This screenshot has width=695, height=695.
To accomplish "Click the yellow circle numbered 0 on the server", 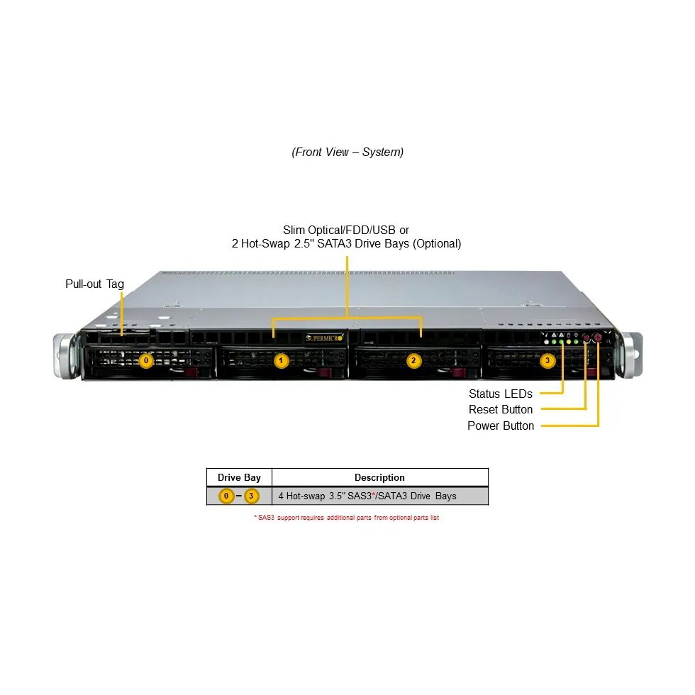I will tap(146, 361).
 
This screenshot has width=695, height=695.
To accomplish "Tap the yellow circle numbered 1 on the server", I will tap(282, 361).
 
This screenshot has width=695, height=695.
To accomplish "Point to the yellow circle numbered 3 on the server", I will tap(547, 361).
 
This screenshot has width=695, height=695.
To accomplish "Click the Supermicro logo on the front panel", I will tap(326, 338).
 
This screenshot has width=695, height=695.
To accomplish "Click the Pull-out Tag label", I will tap(94, 284).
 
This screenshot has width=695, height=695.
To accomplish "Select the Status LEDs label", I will tap(500, 394).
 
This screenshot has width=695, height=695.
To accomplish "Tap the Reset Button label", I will tap(500, 410).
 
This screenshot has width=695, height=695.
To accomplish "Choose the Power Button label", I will tap(500, 426).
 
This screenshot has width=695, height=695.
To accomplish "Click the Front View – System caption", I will tap(347, 152).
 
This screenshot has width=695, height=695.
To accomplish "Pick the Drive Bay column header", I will tap(239, 478).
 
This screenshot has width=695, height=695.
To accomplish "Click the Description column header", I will tap(379, 478).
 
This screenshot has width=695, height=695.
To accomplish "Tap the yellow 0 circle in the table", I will tap(226, 496).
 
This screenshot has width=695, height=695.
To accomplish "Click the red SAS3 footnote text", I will tap(347, 518).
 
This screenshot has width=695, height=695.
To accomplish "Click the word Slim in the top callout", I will tap(294, 230).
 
